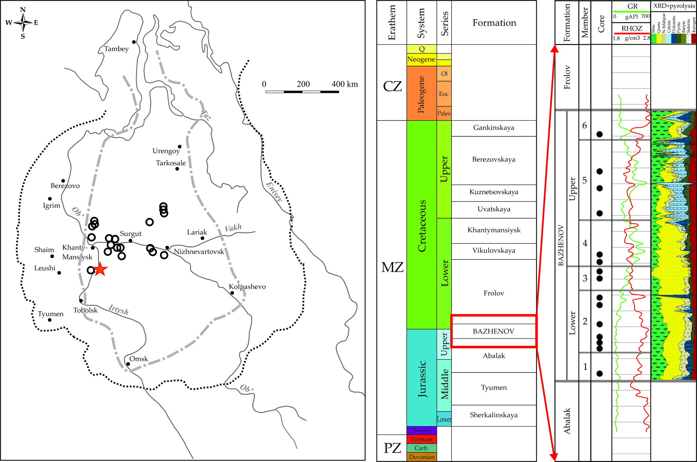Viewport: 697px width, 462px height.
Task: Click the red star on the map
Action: click(100, 269)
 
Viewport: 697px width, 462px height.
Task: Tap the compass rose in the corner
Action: click(23, 23)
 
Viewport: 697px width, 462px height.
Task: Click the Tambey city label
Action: click(116, 49)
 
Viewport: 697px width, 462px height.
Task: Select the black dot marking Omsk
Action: click(128, 364)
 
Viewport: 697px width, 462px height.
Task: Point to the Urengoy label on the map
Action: click(166, 151)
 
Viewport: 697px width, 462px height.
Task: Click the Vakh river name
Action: click(233, 228)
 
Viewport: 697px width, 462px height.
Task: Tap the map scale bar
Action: click(302, 92)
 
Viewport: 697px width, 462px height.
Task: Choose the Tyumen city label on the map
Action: click(50, 314)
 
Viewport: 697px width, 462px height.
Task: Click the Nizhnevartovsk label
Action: click(199, 251)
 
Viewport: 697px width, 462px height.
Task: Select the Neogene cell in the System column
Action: click(421, 59)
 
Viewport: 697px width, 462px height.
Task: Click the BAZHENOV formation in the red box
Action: click(493, 331)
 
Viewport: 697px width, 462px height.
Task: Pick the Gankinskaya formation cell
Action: click(494, 128)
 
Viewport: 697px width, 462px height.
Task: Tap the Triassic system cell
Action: click(421, 430)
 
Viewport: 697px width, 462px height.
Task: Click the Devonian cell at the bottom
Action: click(421, 457)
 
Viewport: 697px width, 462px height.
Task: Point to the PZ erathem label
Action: click(392, 448)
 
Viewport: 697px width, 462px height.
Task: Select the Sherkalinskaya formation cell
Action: click(494, 415)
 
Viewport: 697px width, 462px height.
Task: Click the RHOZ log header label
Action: click(631, 28)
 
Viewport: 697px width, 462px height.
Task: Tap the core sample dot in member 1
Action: click(599, 374)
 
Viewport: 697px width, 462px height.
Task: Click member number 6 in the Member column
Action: click(585, 125)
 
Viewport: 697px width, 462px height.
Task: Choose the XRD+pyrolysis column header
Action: click(673, 6)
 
